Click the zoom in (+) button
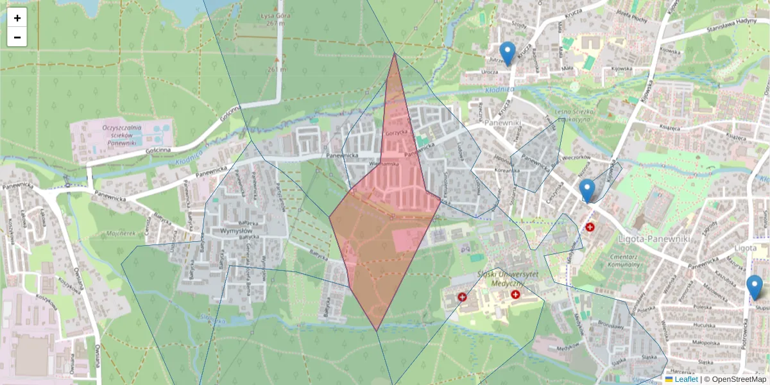coord(17,18)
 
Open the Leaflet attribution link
coord(685,379)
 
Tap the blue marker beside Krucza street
coord(508,53)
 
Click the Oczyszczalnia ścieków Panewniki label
coord(121,135)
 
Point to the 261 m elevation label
coord(277,69)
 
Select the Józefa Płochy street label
coord(630,18)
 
